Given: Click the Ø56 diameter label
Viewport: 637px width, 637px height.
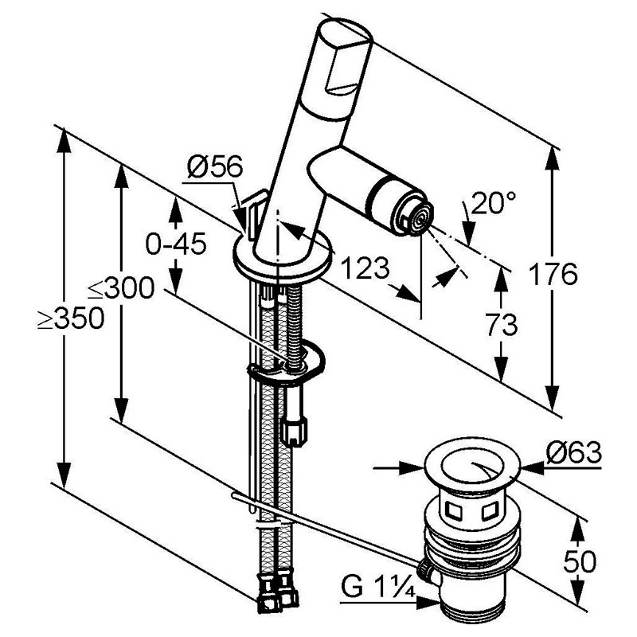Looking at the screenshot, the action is (x=215, y=166).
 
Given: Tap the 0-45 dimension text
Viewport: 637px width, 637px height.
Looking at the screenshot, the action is (x=176, y=244).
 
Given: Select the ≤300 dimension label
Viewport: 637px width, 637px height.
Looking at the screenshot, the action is (x=121, y=289).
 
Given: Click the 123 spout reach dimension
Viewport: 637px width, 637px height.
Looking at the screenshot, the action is (x=365, y=268).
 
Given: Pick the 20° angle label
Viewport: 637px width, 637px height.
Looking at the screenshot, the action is (x=494, y=202).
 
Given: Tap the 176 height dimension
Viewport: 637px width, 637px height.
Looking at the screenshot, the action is (x=553, y=274).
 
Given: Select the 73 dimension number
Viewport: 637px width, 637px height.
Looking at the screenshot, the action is (x=502, y=325).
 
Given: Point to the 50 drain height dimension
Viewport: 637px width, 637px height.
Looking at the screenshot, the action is (x=580, y=562).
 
